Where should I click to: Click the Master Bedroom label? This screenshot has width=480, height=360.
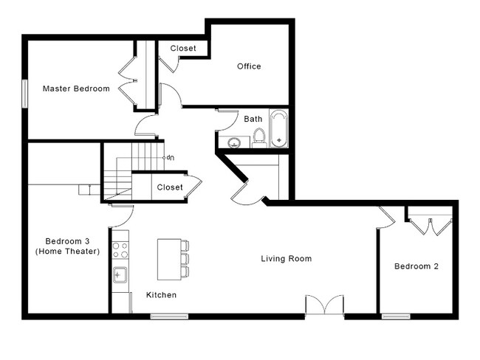point(76,89)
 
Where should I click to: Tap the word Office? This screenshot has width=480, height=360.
point(249,66)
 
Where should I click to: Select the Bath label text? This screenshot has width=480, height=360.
point(253,119)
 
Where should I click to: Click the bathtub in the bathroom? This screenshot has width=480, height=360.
point(279,129)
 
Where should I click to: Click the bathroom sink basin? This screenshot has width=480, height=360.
point(235,142)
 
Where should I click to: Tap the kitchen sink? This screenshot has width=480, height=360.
point(120,274)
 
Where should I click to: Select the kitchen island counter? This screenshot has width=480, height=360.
point(169,260)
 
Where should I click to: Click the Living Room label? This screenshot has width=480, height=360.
point(287,259)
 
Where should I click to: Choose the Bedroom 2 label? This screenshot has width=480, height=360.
point(416,266)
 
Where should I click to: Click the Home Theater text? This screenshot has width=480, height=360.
point(68,252)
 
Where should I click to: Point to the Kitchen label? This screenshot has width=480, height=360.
point(161,295)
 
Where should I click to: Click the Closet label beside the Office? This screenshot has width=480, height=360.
point(183,49)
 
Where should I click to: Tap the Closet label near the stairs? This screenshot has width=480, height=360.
point(170,187)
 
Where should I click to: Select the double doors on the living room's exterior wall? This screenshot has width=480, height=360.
point(325,305)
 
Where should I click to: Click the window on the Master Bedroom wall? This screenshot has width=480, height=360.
point(25,94)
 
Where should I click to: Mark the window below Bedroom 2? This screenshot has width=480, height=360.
point(396,316)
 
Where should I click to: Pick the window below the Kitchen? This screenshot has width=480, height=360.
point(169,316)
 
